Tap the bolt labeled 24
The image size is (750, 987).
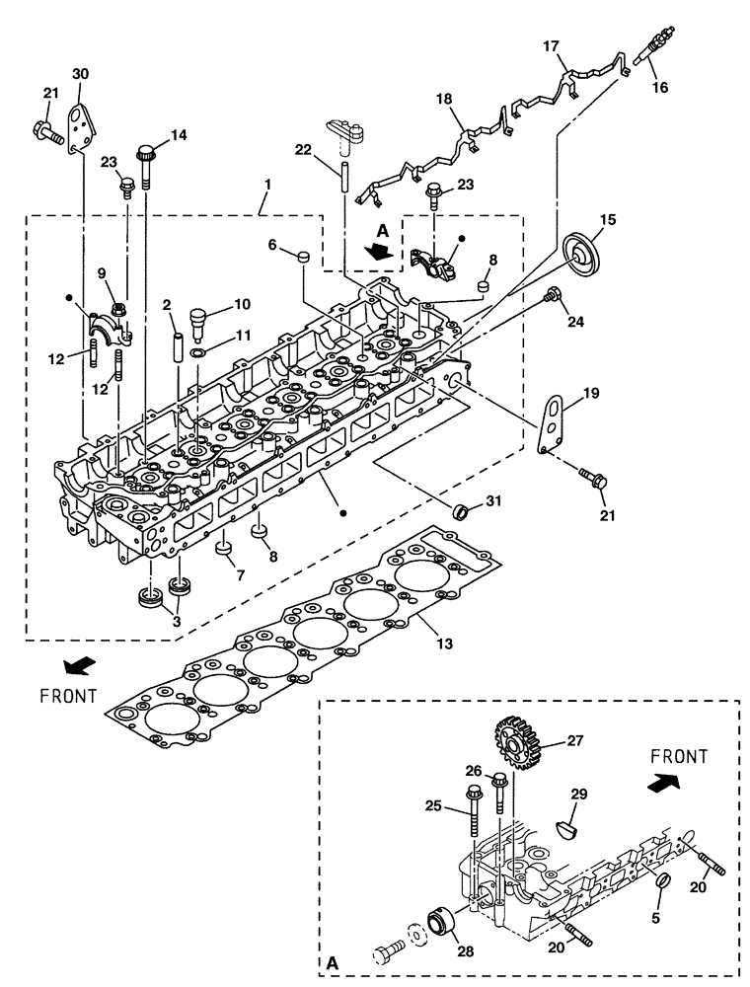coord(553,293)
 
